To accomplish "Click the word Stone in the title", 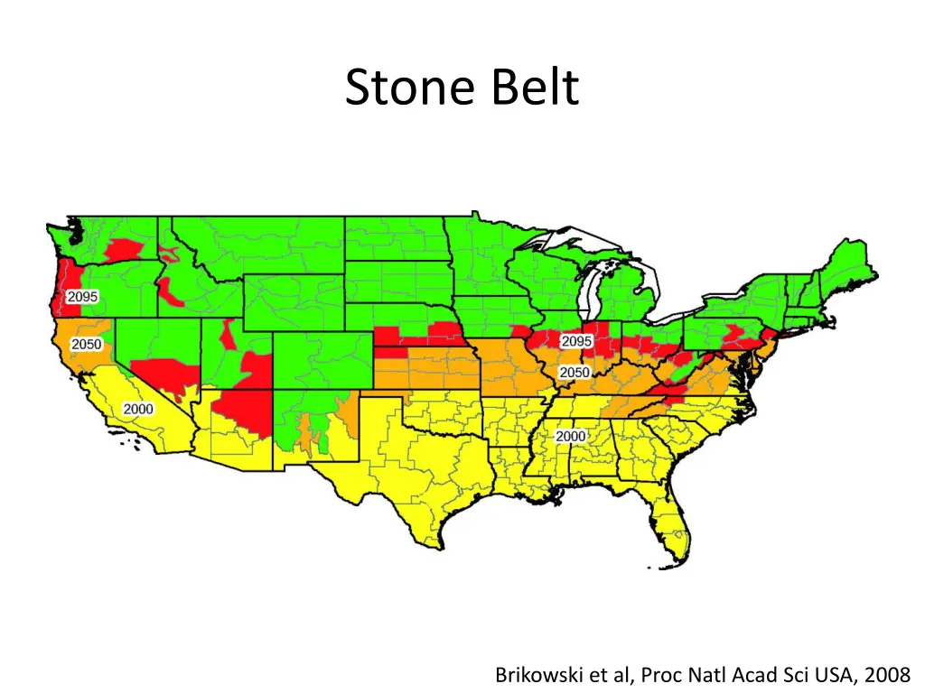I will pyautogui.click(x=412, y=88).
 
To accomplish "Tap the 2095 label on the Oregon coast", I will pyautogui.click(x=82, y=297).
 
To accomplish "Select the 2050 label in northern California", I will pyautogui.click(x=87, y=345).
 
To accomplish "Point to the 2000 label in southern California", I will pyautogui.click(x=138, y=409).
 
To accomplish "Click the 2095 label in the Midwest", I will pyautogui.click(x=576, y=341).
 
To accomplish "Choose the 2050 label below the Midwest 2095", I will pyautogui.click(x=574, y=373).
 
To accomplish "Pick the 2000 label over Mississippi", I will pyautogui.click(x=570, y=436).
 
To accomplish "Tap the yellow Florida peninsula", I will pyautogui.click(x=674, y=528).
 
